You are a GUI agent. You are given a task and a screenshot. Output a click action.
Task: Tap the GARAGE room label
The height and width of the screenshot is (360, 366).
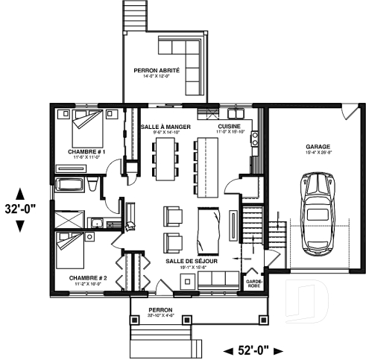coord(318,147)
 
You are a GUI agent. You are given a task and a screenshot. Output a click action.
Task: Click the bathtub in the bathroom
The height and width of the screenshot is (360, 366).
coord(71,186)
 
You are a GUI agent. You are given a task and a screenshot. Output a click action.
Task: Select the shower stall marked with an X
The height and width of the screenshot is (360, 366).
coord(69,219)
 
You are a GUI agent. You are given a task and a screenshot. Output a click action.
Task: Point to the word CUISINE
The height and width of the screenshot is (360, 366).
coord(229,127)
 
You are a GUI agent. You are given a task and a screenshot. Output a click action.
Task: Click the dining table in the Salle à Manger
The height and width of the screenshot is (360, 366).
coord(165,158)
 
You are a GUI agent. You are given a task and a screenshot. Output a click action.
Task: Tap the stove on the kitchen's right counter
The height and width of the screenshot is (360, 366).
coord(255,138)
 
